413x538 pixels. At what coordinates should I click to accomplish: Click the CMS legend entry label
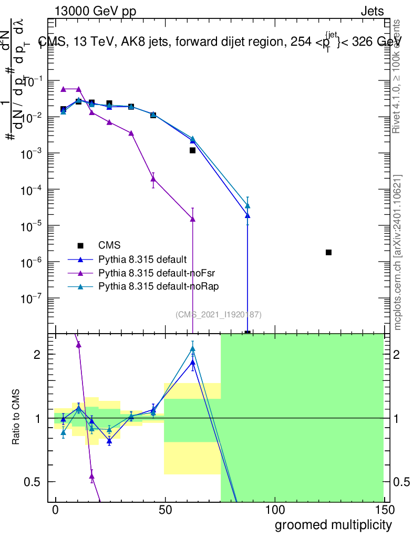pos(109,245)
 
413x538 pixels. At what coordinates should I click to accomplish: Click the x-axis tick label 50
pos(165,511)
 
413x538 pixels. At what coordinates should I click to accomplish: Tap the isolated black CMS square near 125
pos(328,252)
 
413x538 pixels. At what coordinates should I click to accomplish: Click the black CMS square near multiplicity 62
pos(193,150)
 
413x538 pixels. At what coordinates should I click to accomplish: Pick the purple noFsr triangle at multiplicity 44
pos(153,179)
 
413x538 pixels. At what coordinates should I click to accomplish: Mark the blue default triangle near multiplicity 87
pos(247,215)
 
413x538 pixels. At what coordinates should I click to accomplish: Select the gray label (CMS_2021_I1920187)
pos(218,315)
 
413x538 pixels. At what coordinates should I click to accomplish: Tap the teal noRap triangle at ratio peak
pos(193,348)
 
